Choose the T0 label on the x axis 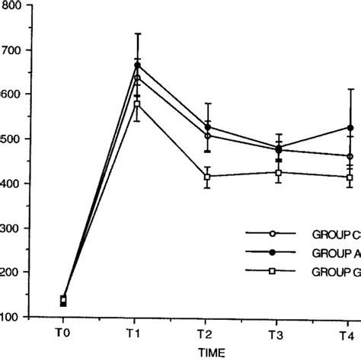(63, 335)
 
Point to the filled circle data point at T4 (350, 128)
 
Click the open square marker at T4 (350, 177)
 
